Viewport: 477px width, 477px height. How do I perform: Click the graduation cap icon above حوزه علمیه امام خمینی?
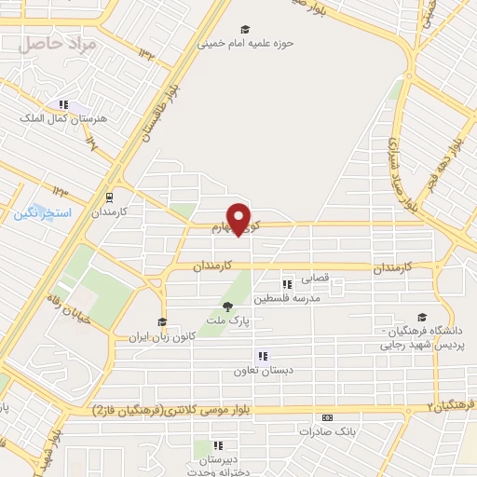click(245, 29)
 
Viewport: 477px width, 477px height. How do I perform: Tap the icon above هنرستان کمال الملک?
click(63, 105)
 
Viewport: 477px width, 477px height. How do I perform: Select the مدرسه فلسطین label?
click(294, 298)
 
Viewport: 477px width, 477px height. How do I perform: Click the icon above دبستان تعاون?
click(263, 356)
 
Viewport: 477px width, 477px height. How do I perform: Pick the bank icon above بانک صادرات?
click(326, 417)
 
